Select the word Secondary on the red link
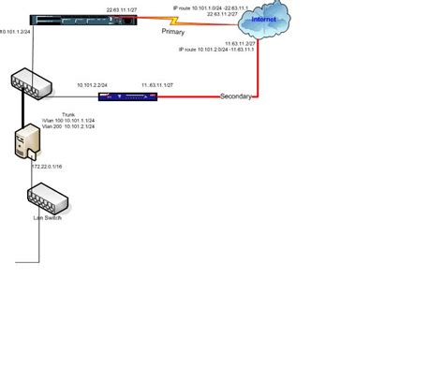(237, 96)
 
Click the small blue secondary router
(137, 95)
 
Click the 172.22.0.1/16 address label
(50, 166)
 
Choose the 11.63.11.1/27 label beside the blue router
(158, 84)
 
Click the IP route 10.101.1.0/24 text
(213, 7)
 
